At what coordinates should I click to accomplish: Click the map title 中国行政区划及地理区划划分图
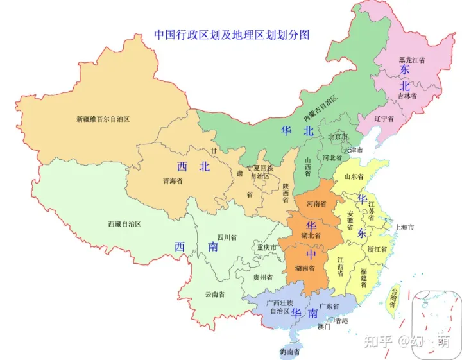(x=232, y=35)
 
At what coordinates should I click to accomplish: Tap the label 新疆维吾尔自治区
(x=103, y=119)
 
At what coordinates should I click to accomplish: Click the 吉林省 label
(x=407, y=96)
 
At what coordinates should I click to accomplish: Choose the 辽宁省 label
(x=384, y=119)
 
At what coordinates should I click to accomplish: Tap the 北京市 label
(x=338, y=137)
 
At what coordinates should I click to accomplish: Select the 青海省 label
(x=172, y=182)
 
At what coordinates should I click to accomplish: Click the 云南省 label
(x=214, y=295)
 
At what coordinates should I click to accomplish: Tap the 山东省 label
(x=354, y=176)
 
